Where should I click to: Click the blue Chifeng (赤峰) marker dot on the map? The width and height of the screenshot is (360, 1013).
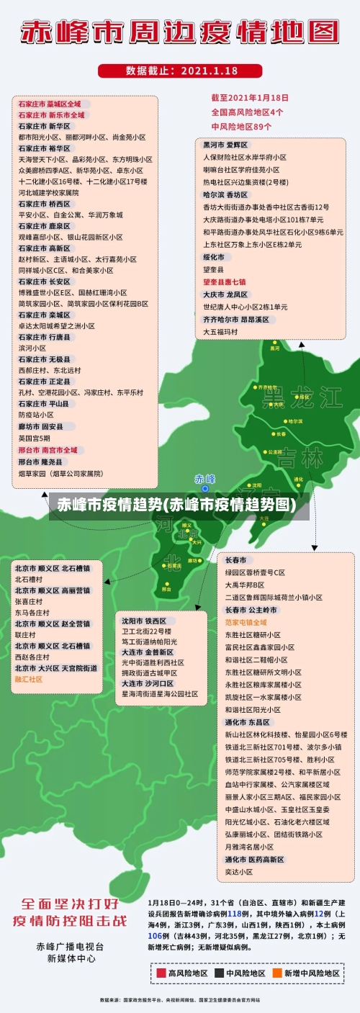pyautogui.click(x=204, y=488)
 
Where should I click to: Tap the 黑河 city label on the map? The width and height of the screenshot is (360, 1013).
pyautogui.click(x=274, y=348)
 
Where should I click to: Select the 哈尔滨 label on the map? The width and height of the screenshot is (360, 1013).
pyautogui.click(x=294, y=420)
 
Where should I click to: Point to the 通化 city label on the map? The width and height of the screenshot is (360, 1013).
pyautogui.click(x=299, y=479)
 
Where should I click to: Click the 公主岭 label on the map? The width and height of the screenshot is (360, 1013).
pyautogui.click(x=274, y=452)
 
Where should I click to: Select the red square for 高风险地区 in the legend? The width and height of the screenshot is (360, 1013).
pyautogui.click(x=161, y=973)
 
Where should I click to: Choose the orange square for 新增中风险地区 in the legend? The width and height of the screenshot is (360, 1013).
pyautogui.click(x=276, y=973)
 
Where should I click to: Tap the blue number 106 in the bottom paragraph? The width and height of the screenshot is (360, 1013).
pyautogui.click(x=155, y=935)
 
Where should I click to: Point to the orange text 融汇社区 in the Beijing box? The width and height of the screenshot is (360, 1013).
pyautogui.click(x=30, y=679)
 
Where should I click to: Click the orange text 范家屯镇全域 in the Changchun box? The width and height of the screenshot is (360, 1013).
pyautogui.click(x=246, y=621)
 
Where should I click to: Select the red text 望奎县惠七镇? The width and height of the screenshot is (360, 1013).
pyautogui.click(x=225, y=282)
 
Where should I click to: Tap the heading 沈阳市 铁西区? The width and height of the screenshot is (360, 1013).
pyautogui.click(x=144, y=620)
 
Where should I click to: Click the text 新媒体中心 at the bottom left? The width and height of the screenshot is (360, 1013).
pyautogui.click(x=71, y=958)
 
